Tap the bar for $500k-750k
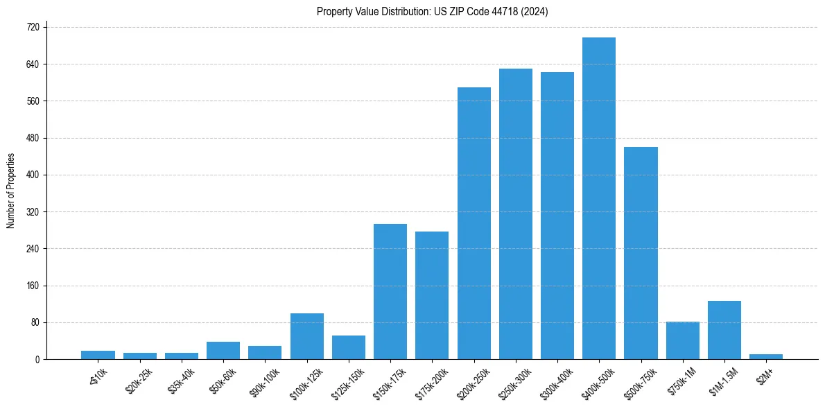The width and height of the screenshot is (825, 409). pyautogui.click(x=641, y=253)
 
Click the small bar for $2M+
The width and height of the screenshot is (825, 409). pyautogui.click(x=766, y=356)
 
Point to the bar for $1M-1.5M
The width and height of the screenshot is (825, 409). pyautogui.click(x=724, y=330)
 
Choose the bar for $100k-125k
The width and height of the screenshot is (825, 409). pyautogui.click(x=307, y=336)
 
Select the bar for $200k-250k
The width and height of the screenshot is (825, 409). pyautogui.click(x=474, y=223)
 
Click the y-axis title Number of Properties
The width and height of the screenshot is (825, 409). pyautogui.click(x=10, y=191)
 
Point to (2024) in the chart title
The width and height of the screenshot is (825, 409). pyautogui.click(x=535, y=12)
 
